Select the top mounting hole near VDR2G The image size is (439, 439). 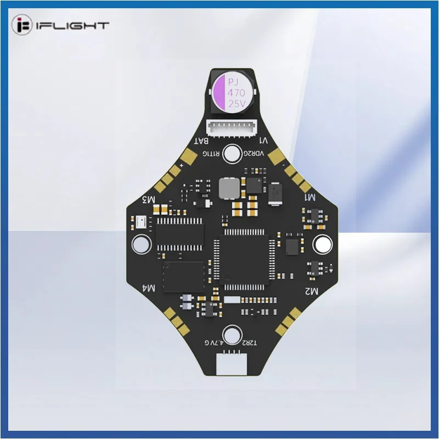[233, 153]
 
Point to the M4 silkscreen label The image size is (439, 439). [148, 288]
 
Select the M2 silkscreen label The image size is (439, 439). [310, 291]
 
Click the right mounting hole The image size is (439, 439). [320, 244]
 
